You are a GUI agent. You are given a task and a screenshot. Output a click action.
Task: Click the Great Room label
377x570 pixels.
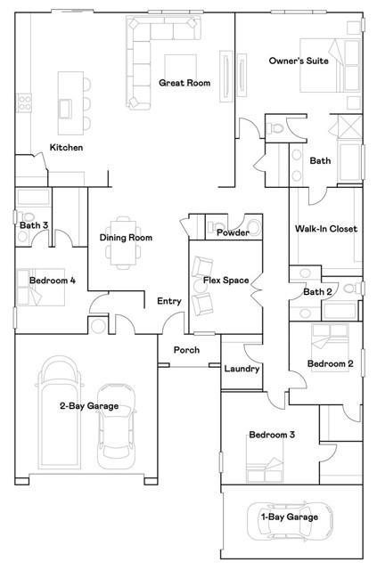(x=184, y=83)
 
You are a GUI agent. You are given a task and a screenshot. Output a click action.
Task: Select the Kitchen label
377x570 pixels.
(x=67, y=147)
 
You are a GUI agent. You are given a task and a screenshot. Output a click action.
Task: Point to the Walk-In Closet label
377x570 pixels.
(x=325, y=229)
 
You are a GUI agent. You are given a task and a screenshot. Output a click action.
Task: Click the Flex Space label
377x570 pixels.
(x=225, y=280)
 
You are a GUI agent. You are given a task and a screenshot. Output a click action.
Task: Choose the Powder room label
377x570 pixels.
(x=233, y=232)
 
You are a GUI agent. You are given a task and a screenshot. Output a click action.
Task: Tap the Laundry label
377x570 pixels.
(x=242, y=369)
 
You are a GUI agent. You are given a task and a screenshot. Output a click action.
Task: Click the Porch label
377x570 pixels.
(x=186, y=350)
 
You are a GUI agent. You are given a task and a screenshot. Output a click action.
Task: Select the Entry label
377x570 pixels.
(x=169, y=301)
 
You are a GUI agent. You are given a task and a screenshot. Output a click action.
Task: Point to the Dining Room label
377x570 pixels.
(x=126, y=238)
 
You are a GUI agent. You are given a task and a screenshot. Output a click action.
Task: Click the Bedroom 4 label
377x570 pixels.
(x=52, y=281)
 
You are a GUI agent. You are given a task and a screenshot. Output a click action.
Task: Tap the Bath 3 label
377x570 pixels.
(x=34, y=225)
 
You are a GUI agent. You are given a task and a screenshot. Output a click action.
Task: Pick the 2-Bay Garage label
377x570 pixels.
(x=89, y=406)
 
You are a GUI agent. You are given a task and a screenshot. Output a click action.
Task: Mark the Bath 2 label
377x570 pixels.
(x=318, y=292)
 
